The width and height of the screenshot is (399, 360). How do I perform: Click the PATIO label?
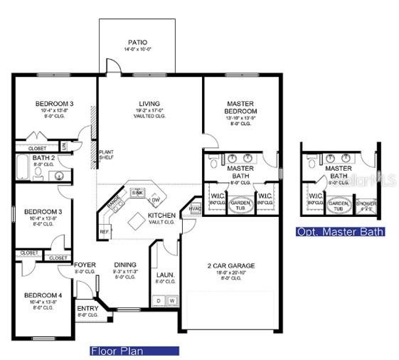[x=138, y=43]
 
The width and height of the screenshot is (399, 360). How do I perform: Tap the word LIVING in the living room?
[x=149, y=104]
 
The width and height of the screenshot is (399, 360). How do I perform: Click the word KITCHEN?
[x=161, y=215]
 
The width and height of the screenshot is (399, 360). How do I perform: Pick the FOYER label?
[x=85, y=265]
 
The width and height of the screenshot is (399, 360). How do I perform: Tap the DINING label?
[x=125, y=265]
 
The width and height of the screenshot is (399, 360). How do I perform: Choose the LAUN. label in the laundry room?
[x=165, y=274]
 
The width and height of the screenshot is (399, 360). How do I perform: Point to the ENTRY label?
[x=87, y=308]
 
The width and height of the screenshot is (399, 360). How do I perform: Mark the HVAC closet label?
[x=194, y=208]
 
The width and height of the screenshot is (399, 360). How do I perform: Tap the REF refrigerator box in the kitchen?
[x=104, y=231]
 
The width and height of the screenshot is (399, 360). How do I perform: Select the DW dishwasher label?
[x=155, y=200]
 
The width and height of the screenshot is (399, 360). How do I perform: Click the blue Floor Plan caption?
[x=134, y=351]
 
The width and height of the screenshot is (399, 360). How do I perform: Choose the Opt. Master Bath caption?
[x=341, y=232]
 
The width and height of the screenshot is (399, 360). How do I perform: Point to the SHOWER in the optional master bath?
[x=367, y=205]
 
